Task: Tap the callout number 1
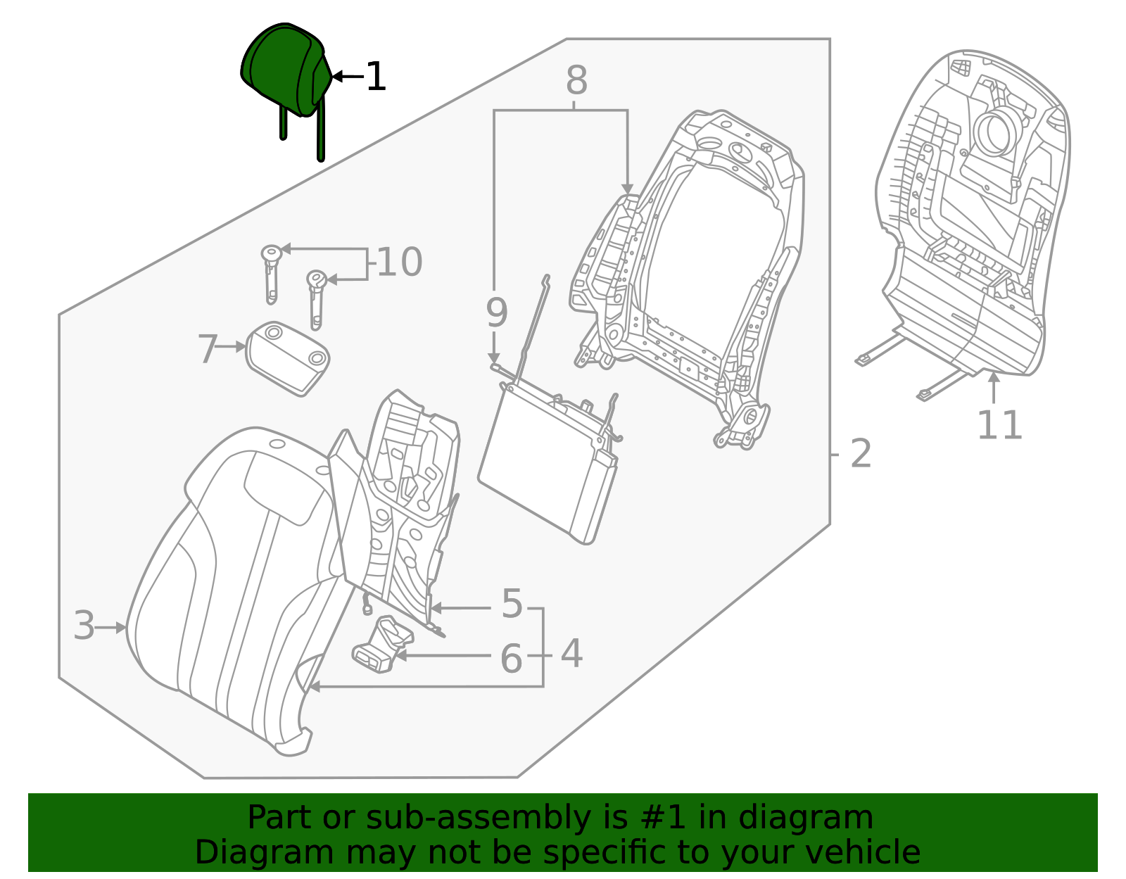coord(377,77)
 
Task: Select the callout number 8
coord(576,82)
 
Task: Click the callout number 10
coord(400,263)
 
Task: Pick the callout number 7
coord(207,349)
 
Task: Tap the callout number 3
coord(84,626)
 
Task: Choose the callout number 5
coord(512,605)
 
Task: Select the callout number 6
coord(512,659)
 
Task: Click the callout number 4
coord(571,654)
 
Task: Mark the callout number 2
coord(861,454)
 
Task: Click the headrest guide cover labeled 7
coord(287,358)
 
